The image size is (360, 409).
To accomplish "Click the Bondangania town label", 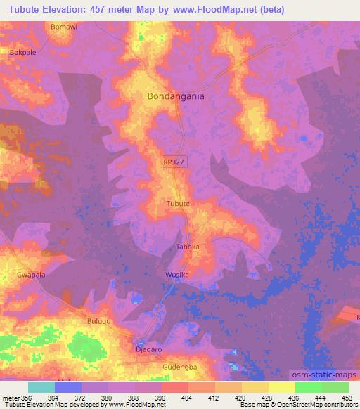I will (x=176, y=97).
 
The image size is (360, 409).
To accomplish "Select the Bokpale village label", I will (x=22, y=52).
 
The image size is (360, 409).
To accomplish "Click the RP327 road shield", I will (x=174, y=162).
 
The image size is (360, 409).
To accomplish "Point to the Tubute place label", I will (x=178, y=204).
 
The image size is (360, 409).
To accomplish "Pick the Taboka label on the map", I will (x=188, y=247).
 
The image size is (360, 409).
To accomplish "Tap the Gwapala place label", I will (x=31, y=275).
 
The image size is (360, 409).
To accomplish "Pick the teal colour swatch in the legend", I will (x=41, y=387).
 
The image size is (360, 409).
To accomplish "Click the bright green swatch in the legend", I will (x=309, y=387).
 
